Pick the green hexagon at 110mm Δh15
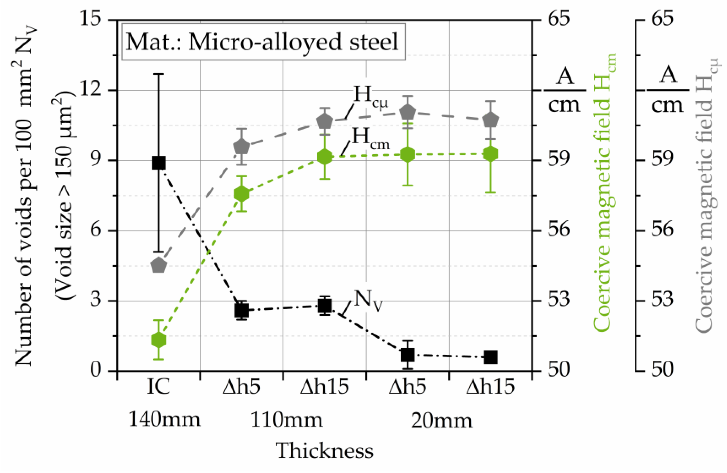[x=324, y=157]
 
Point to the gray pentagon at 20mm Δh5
[x=407, y=112]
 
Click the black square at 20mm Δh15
[x=491, y=357]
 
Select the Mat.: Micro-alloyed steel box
[x=263, y=42]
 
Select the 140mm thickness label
[x=164, y=420]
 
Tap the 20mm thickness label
[x=441, y=421]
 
